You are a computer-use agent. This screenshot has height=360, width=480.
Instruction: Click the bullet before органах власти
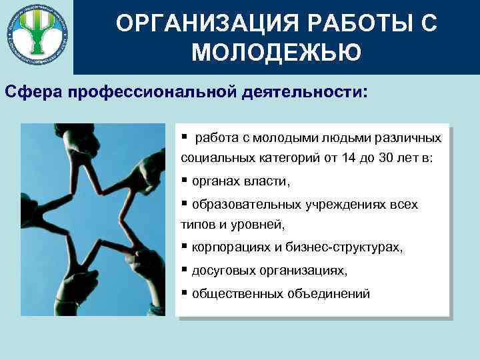(x=184, y=181)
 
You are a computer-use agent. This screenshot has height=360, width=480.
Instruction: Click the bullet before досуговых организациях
(x=184, y=270)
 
